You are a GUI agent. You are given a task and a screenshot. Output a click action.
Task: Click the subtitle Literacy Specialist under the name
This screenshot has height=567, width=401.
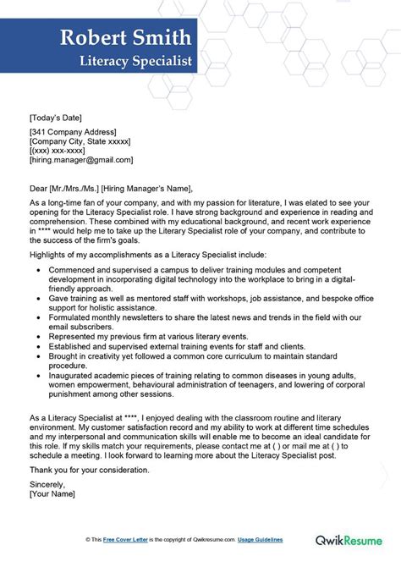click(135, 61)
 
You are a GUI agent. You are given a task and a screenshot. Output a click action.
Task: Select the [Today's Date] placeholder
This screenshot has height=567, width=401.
click(56, 117)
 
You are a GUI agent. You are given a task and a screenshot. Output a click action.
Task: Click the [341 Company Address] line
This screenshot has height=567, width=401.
click(73, 132)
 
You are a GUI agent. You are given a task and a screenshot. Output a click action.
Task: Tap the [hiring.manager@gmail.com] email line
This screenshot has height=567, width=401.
click(80, 160)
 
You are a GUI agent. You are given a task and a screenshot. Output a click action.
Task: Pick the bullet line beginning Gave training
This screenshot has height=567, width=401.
click(195, 298)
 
